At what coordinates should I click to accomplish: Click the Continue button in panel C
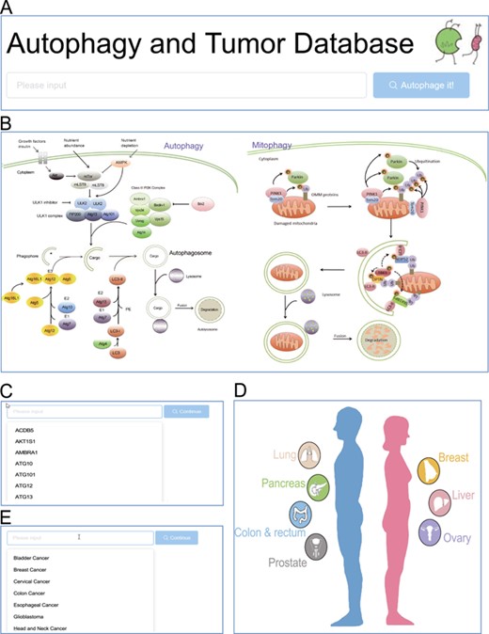coord(186,411)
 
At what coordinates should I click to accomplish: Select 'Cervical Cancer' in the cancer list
coord(35,581)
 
